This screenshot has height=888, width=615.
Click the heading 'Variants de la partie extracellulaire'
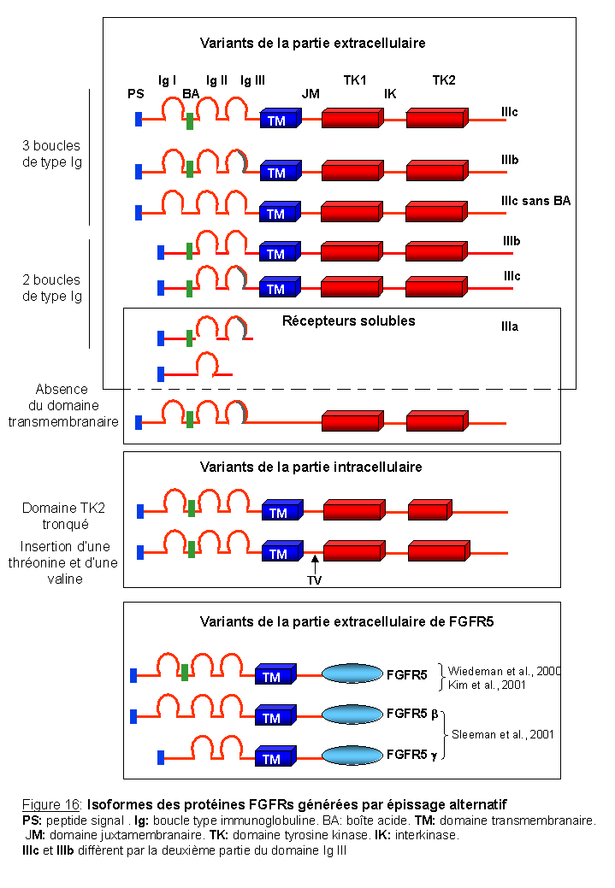312,43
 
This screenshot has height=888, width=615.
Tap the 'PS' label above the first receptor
134,93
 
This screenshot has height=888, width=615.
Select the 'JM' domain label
310,93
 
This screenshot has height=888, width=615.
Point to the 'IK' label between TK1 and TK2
390,93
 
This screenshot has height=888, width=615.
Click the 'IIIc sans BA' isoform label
535,201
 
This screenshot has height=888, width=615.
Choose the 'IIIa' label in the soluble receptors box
511,326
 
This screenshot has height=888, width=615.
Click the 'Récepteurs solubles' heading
348,321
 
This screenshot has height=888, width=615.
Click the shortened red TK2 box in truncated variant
429,511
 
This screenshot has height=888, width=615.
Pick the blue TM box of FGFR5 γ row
275,756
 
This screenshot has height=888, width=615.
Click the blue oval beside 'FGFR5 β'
352,715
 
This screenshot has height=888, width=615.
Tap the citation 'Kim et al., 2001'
488,685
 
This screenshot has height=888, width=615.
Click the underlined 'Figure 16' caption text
51,805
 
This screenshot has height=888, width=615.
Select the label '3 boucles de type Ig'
52,154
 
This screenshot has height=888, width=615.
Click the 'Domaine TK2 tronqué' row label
64,515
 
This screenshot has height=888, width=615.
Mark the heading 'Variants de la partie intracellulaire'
310,468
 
